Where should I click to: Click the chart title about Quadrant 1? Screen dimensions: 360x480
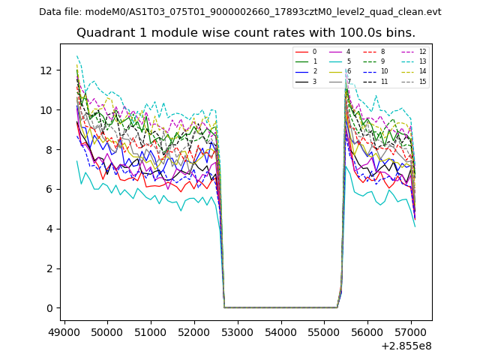pos(246,33)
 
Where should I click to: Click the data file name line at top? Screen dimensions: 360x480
pos(240,12)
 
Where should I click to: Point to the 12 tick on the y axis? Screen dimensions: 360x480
pos(47,70)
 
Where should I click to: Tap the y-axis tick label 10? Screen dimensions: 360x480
pos(47,110)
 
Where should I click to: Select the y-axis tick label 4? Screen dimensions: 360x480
pos(50,229)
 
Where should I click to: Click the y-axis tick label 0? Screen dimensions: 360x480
pos(50,308)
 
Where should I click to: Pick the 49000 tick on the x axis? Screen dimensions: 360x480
pos(64,330)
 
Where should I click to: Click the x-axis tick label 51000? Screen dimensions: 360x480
pos(151,330)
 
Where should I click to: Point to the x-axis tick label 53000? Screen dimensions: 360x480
pos(238,330)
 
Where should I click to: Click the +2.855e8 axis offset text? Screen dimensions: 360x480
pos(406,346)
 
